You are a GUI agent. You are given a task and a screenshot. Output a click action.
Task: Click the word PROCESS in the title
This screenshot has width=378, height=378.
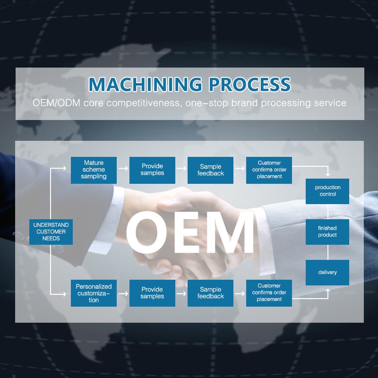pos(250,84)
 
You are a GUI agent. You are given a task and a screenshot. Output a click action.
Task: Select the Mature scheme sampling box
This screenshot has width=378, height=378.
pos(94,170)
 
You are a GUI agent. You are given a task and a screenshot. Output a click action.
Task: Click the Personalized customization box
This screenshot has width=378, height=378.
pos(94,293)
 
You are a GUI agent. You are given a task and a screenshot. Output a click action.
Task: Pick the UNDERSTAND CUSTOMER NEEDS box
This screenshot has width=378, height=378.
pos(51,232)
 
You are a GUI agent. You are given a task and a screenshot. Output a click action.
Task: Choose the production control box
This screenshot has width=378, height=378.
pos(327,191)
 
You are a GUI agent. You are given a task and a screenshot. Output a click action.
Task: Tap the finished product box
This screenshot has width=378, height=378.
pos(327,232)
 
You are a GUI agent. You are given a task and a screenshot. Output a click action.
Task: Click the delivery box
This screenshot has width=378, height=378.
pos(327,272)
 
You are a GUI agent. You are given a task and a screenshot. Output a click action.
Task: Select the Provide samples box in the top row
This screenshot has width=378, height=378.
pos(152,170)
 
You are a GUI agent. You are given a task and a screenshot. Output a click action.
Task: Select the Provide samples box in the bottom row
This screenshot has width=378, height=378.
pos(152,293)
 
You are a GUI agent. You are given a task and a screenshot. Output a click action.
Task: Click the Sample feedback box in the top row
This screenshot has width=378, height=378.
pos(211,170)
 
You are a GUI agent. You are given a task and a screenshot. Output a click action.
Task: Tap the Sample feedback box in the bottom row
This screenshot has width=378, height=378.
pos(211,293)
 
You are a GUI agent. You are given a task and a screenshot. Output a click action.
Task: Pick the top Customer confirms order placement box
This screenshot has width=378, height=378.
pos(269,170)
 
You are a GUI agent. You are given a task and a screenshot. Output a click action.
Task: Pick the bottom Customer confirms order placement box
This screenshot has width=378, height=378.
pos(269,293)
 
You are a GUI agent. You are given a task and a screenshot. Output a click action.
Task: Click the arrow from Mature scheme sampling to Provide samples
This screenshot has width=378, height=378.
pos(123,168)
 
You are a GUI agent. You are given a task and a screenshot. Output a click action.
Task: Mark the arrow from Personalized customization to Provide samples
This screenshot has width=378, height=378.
pos(123,293)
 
